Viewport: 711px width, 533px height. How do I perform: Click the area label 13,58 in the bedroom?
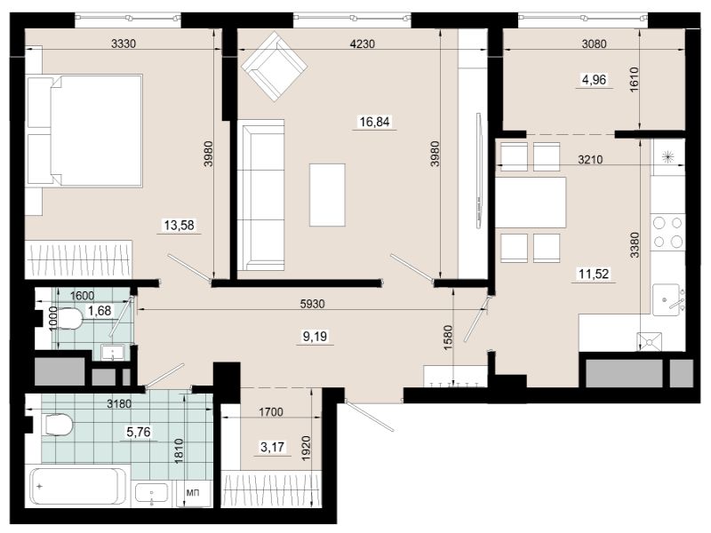click(180, 225)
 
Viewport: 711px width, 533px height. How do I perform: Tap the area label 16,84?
click(374, 122)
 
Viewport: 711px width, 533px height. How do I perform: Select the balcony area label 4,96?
click(594, 80)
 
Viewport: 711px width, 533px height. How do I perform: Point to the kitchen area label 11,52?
click(594, 274)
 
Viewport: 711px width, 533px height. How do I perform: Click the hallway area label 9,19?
click(315, 337)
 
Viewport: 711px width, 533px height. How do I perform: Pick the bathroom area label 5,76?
click(139, 432)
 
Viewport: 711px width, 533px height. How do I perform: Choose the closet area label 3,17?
click(272, 447)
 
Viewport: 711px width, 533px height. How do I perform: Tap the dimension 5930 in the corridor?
click(313, 304)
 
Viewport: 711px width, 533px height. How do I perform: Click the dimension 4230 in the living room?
click(363, 44)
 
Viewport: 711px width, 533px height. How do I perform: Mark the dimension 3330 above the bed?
click(124, 44)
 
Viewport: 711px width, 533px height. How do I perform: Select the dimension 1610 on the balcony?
click(634, 80)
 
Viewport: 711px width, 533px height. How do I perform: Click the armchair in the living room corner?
click(275, 67)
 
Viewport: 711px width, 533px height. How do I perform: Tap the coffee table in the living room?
click(327, 195)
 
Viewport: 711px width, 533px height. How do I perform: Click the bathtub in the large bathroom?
click(78, 488)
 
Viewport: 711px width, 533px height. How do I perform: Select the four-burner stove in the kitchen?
click(667, 232)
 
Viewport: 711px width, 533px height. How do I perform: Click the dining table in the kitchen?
click(531, 203)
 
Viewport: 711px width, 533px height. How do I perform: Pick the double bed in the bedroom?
click(84, 131)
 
